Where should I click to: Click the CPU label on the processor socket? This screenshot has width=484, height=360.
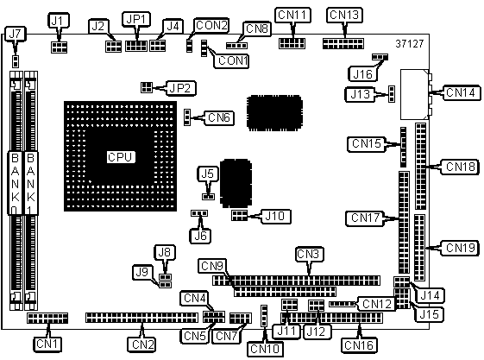pyautogui.click(x=121, y=157)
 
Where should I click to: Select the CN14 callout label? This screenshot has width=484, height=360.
pyautogui.click(x=462, y=92)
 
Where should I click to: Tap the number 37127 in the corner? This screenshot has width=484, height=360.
pyautogui.click(x=410, y=44)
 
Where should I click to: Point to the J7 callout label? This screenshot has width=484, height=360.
pyautogui.click(x=15, y=34)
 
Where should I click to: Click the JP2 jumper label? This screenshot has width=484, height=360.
pyautogui.click(x=180, y=88)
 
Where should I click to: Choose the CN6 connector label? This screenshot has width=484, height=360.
pyautogui.click(x=219, y=117)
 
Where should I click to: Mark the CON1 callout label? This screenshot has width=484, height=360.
pyautogui.click(x=231, y=60)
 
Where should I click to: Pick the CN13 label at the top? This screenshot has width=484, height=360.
pyautogui.click(x=344, y=15)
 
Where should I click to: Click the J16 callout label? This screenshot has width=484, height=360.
pyautogui.click(x=362, y=74)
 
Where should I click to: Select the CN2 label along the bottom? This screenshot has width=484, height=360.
pyautogui.click(x=142, y=344)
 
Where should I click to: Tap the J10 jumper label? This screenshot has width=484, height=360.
pyautogui.click(x=275, y=216)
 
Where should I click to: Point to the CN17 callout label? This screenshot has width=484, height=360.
pyautogui.click(x=365, y=218)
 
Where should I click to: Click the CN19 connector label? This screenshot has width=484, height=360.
pyautogui.click(x=460, y=248)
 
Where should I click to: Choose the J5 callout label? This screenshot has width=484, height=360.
pyautogui.click(x=208, y=174)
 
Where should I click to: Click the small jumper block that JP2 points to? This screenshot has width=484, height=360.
pyautogui.click(x=147, y=87)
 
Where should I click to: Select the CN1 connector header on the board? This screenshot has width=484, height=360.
pyautogui.click(x=47, y=318)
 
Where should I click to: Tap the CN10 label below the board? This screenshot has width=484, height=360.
pyautogui.click(x=265, y=349)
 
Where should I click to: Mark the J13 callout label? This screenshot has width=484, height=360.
pyautogui.click(x=360, y=94)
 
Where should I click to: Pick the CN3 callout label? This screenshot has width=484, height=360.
pyautogui.click(x=309, y=254)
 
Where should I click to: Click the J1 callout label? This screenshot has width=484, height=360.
pyautogui.click(x=59, y=21)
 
